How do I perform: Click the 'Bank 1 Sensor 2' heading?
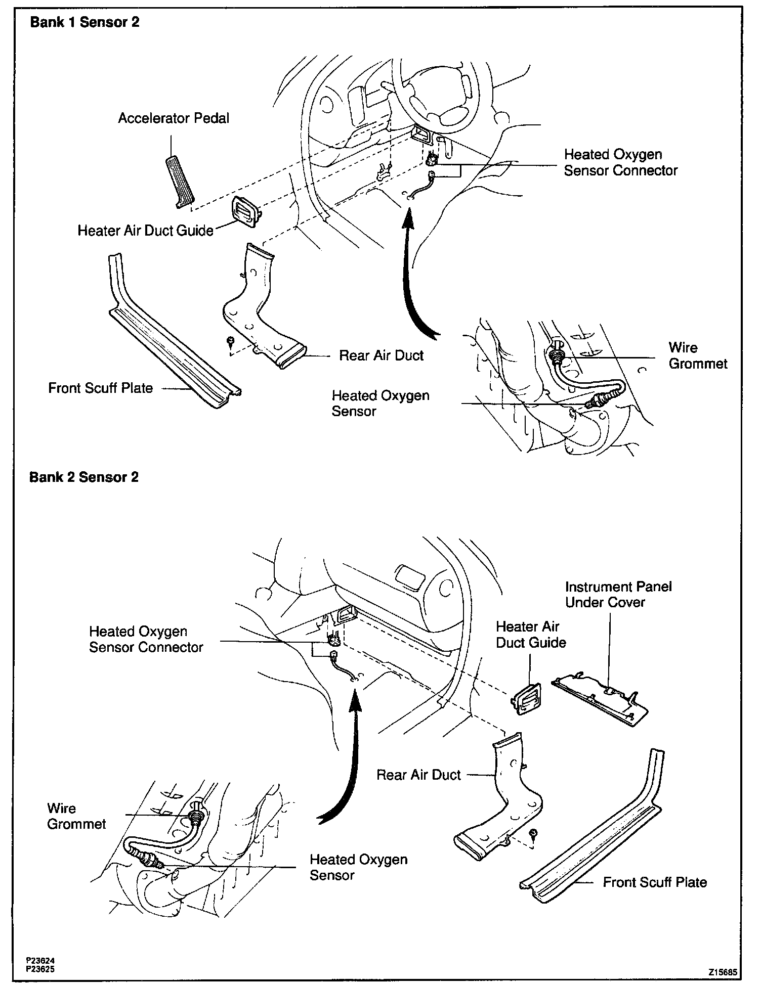tap(84, 22)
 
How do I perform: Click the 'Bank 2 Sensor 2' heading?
tap(83, 477)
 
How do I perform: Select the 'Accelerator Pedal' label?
tap(174, 118)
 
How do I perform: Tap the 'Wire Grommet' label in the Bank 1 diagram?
tap(698, 355)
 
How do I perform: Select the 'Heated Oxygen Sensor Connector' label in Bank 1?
tap(620, 162)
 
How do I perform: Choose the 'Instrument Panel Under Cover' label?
tap(618, 594)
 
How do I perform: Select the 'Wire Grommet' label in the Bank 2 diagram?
tap(76, 816)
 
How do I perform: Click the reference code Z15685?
tap(723, 972)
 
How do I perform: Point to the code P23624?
tap(41, 959)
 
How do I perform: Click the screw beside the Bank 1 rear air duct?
tap(231, 340)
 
